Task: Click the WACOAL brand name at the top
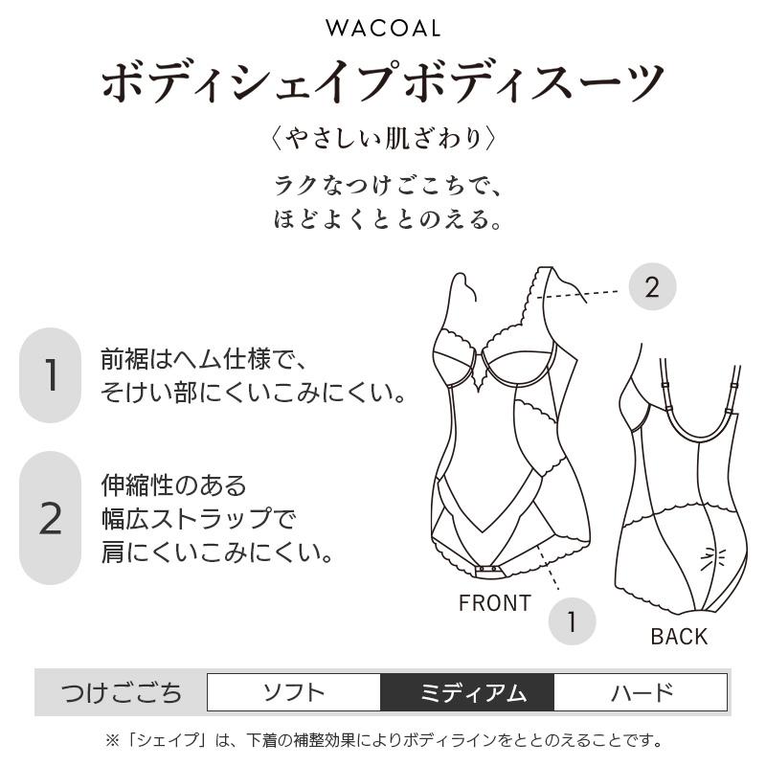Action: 383,29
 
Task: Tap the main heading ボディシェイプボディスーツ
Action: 383,81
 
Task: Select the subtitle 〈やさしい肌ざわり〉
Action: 383,139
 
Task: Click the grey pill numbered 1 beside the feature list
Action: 51,374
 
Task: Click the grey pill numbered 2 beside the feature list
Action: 51,518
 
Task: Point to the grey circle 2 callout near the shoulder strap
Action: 652,286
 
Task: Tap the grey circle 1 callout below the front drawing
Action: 572,621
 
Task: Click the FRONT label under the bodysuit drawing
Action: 495,603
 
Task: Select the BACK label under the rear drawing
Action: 679,637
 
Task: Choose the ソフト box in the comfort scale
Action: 294,692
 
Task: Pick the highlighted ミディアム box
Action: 467,692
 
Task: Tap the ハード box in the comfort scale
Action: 641,692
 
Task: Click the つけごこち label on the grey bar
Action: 122,692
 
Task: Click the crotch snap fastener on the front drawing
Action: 489,570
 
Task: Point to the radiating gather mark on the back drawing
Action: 712,558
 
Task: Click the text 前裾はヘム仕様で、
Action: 204,360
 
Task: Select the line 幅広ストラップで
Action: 198,518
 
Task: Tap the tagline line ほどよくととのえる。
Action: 388,218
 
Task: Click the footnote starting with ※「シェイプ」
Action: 384,740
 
